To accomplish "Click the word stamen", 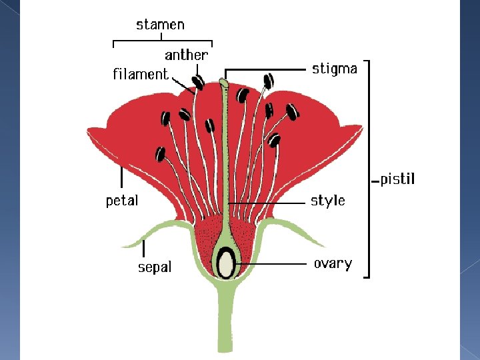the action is point(160,25).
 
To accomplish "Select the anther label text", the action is point(186,55).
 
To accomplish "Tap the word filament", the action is point(140,74).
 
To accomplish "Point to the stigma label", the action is point(335,68).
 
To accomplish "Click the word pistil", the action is point(397,179).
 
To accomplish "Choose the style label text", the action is point(328,200).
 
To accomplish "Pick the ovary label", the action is point(333,263).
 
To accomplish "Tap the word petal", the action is point(122,200).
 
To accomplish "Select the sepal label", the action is point(155,267).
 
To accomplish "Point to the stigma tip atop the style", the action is point(225,83).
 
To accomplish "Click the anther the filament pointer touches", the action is point(199,83).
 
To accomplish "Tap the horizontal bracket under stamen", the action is point(163,43).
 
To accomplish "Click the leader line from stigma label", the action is point(267,69).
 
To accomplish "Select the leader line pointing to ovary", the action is point(273,264).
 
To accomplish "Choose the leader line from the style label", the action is point(267,201).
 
